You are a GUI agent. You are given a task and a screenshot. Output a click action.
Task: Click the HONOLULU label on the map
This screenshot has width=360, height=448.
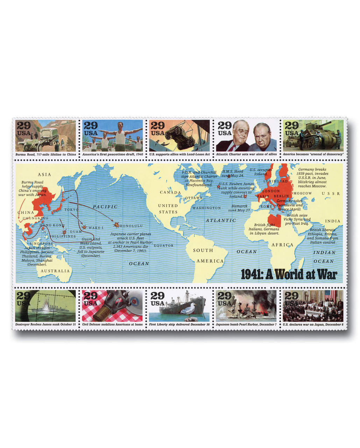(131, 226)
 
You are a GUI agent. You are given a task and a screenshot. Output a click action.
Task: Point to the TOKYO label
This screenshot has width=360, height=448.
(71, 209)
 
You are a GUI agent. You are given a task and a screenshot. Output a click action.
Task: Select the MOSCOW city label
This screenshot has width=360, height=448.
(303, 193)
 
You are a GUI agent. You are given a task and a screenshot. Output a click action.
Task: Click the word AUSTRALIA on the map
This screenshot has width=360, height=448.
(55, 271)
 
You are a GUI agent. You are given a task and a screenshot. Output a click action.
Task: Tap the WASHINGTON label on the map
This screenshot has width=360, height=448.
(206, 208)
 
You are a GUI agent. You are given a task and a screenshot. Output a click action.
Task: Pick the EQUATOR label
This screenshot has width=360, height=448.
(163, 245)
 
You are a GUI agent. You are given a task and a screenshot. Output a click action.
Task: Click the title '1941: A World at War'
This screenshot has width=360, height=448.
(289, 274)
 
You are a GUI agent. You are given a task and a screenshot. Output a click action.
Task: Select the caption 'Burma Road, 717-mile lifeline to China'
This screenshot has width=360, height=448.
(45, 154)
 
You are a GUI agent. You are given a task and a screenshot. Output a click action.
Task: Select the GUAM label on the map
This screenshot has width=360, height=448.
(76, 232)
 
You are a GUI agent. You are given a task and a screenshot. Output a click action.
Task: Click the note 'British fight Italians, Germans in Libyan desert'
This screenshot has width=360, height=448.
(264, 229)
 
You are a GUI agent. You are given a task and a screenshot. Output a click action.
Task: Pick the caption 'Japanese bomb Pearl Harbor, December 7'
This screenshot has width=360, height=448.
(246, 324)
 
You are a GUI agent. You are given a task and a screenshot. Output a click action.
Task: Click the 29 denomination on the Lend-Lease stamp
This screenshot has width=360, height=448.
(157, 126)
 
